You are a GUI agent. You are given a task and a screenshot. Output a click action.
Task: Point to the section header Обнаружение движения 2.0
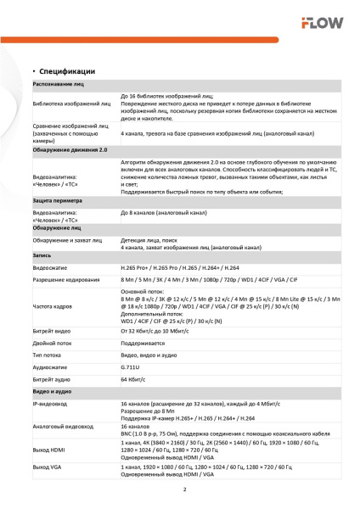(70, 149)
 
